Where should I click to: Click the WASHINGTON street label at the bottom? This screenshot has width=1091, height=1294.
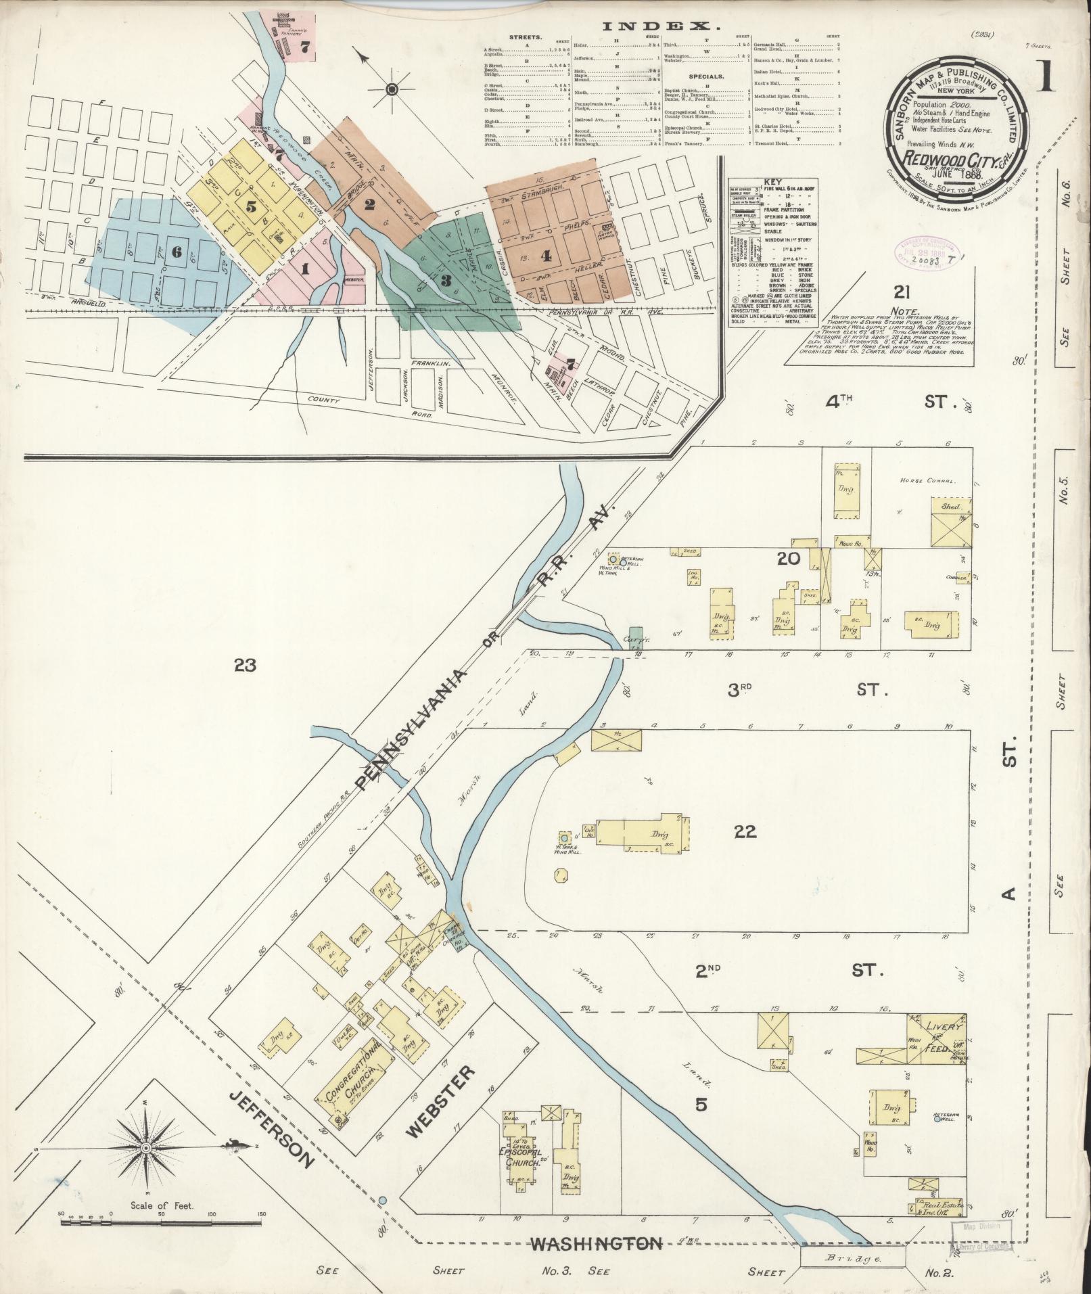coord(595,1243)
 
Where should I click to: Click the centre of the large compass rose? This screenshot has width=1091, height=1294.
coord(145,1149)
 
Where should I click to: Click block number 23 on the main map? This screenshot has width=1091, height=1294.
coord(245,666)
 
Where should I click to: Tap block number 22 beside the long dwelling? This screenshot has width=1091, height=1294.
coord(745,832)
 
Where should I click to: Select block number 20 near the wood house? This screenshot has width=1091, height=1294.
coord(789,559)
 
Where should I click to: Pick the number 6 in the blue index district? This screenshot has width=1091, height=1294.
coord(177,252)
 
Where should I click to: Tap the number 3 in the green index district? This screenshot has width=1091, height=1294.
coord(445,280)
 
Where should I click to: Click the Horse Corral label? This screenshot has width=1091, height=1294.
coord(926,481)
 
